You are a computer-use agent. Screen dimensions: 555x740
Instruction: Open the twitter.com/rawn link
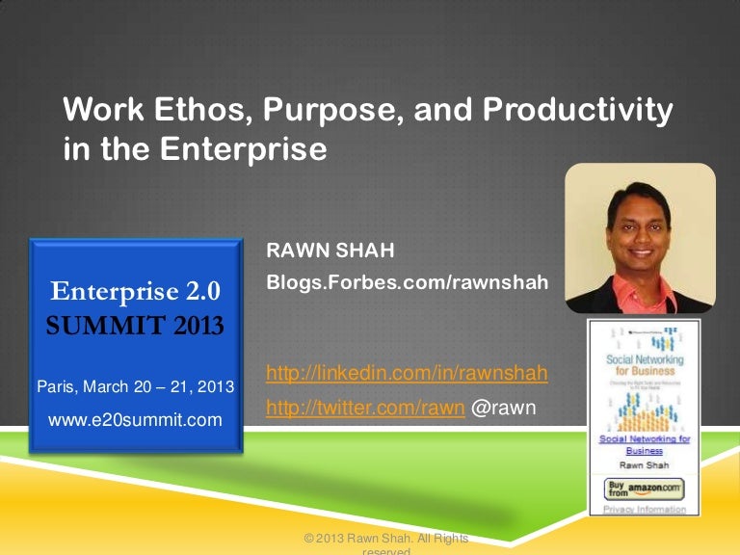point(364,409)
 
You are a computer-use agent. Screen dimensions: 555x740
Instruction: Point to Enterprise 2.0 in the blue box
point(136,290)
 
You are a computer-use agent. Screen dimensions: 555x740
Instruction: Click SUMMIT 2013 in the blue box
point(136,325)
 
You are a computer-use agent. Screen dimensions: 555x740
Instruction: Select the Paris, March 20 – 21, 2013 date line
point(136,386)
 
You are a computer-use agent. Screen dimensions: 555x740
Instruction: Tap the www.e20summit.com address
point(136,419)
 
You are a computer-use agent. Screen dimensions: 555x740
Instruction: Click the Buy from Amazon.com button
point(644,488)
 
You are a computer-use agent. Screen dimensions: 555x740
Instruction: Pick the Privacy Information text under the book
point(644,509)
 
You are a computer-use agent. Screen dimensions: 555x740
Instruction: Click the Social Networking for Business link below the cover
point(644,444)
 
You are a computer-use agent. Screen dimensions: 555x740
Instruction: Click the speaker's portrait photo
point(640,238)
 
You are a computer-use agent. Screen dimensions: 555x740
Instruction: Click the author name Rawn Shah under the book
point(644,463)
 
